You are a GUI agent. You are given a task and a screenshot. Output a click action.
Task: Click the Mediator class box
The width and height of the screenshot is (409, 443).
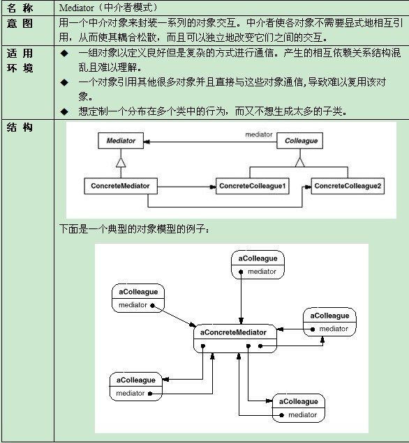121,141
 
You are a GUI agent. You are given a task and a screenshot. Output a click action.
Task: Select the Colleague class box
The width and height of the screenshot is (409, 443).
299,141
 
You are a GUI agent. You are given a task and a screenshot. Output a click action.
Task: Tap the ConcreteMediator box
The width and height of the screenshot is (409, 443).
121,186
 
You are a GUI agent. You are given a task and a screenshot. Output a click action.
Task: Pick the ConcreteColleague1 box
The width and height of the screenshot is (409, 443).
253,186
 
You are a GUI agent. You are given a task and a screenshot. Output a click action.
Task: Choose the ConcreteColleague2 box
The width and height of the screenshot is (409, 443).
348,186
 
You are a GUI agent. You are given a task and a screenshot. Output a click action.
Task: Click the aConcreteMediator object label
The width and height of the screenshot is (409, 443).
233,332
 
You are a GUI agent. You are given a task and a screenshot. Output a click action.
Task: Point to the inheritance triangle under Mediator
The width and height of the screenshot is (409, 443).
121,163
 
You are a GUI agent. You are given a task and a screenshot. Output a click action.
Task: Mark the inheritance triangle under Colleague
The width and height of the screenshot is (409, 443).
299,162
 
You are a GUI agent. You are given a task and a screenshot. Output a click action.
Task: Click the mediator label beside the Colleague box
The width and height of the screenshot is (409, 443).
259,134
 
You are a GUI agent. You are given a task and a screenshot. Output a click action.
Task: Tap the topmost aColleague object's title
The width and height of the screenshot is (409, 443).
258,258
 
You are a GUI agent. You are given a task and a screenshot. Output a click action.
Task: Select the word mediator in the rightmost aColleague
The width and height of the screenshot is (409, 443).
334,329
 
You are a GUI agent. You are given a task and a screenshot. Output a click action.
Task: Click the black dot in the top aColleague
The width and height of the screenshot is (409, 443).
241,272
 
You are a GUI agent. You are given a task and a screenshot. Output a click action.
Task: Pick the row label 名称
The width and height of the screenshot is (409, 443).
20,8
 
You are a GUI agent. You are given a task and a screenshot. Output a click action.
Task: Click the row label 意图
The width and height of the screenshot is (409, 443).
20,23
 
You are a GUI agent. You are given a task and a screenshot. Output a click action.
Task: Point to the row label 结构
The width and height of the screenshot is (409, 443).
20,127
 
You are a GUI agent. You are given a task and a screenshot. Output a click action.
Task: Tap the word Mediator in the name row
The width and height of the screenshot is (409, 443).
76,8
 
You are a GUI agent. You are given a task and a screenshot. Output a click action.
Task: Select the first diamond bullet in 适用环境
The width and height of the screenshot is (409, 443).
64,53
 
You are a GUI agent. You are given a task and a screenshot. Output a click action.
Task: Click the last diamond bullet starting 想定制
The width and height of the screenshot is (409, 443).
64,111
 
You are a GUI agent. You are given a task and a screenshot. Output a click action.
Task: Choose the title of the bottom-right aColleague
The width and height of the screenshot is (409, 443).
298,401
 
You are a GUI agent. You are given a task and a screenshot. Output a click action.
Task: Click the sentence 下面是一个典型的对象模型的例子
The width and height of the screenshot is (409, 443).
134,228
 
